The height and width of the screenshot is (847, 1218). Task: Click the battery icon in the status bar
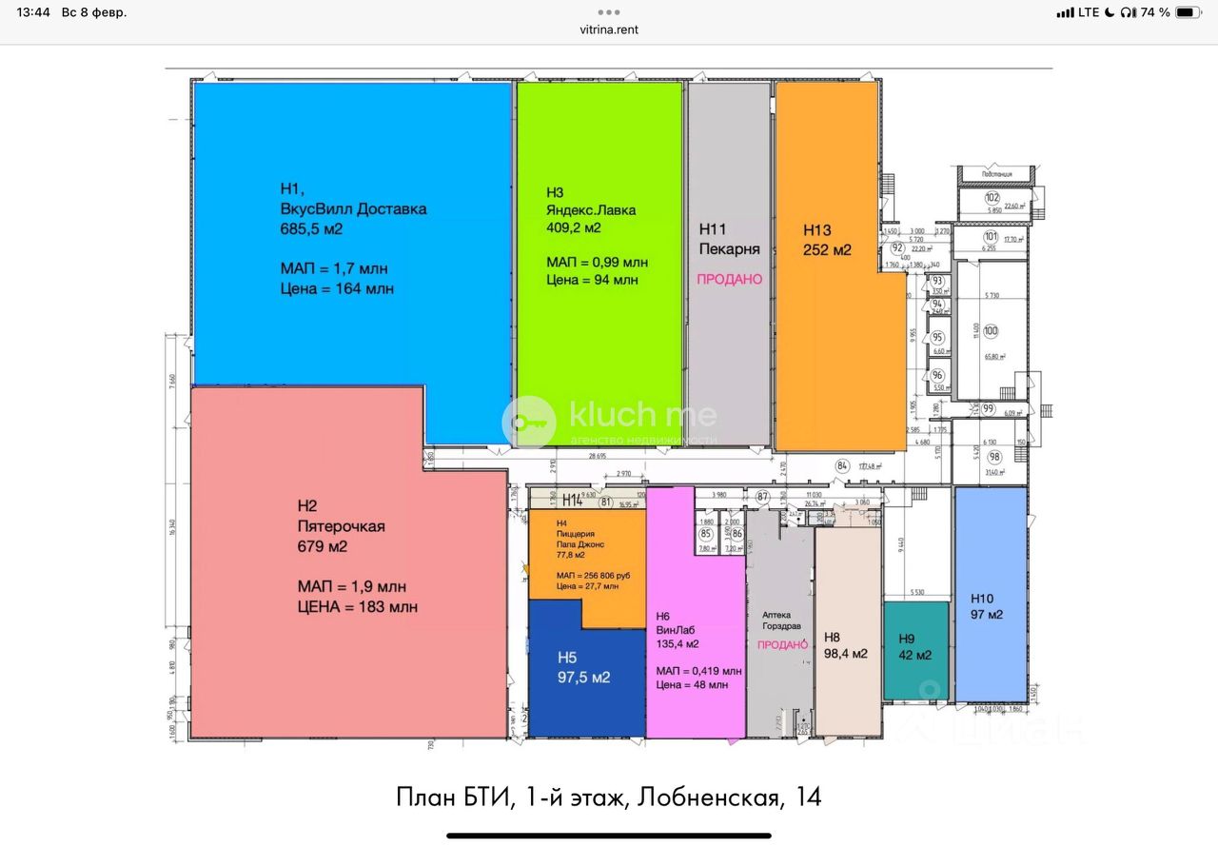[1189, 12]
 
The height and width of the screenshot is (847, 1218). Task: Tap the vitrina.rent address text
[609, 30]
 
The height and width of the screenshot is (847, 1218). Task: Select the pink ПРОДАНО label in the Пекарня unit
[730, 279]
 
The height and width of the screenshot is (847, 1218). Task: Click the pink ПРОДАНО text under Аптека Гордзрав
[782, 644]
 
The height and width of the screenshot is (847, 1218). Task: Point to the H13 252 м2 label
[827, 240]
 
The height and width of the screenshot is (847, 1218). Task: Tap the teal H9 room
[915, 650]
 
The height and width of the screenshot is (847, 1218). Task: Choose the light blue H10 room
[991, 595]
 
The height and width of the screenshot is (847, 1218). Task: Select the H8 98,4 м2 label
[846, 645]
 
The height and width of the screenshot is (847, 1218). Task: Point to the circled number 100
[991, 331]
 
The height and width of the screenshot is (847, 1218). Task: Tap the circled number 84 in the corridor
[841, 465]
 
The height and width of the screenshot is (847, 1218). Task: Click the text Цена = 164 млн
[337, 288]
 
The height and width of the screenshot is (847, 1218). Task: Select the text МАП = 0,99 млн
[597, 262]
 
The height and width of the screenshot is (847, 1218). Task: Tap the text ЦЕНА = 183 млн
[357, 606]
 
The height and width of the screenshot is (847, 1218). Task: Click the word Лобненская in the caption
[706, 797]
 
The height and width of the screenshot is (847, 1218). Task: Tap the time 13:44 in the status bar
[33, 12]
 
